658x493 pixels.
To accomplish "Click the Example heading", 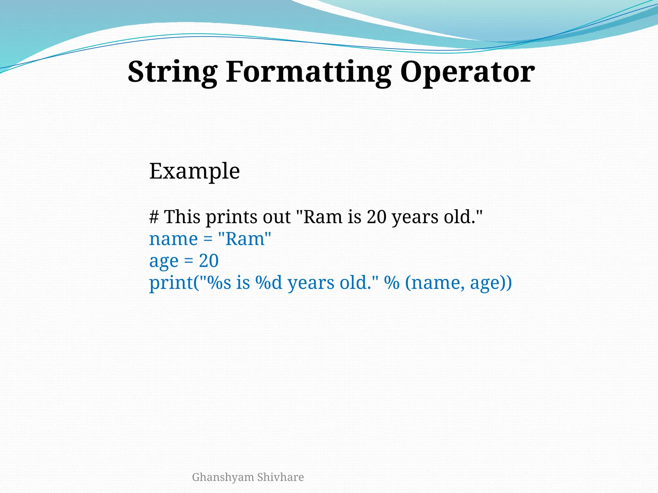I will click(194, 171).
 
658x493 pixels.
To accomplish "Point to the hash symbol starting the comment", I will click(154, 217).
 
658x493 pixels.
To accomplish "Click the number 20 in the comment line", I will click(376, 217).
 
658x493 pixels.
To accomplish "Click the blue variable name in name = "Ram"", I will click(173, 239).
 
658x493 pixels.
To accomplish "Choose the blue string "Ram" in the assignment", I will click(245, 239).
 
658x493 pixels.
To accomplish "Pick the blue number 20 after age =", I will click(209, 261).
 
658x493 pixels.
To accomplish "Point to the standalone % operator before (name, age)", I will click(392, 283).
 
